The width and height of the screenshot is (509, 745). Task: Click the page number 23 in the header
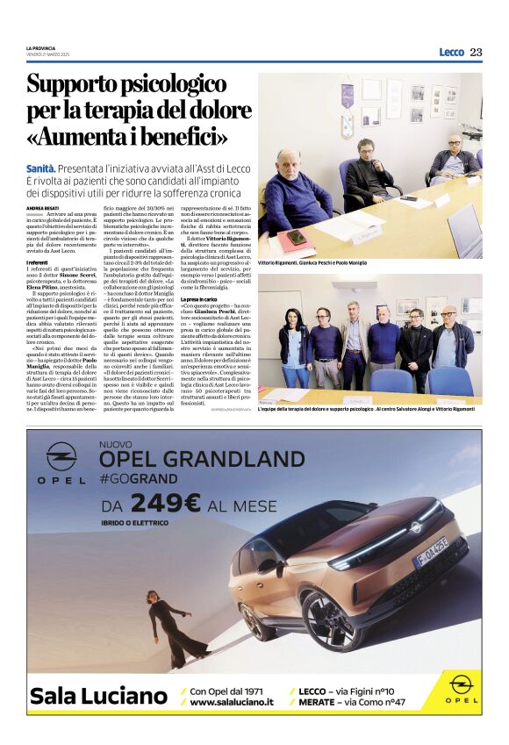(476, 52)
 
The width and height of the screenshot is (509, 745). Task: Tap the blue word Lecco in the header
(451, 52)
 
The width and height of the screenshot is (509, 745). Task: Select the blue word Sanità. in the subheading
(41, 167)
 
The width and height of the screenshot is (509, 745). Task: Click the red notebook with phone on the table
(295, 237)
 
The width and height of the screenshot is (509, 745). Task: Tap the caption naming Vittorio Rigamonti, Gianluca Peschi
(312, 263)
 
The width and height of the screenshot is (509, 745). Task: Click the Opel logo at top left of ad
(61, 465)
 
